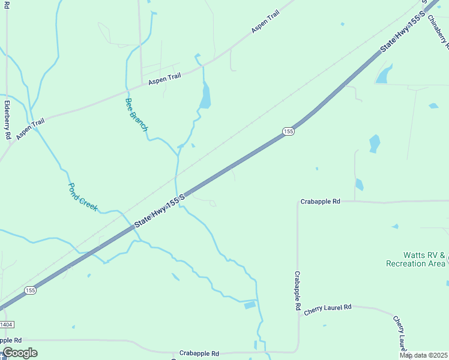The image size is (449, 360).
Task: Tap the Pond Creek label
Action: pos(83,196)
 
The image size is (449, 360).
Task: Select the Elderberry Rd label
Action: pos(7,119)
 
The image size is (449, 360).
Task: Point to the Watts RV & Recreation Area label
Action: pos(415,259)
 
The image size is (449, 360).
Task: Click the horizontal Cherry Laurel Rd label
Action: pos(327,308)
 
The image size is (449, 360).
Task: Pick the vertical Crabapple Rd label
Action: pos(297,290)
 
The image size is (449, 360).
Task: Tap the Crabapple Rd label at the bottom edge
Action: pos(199,353)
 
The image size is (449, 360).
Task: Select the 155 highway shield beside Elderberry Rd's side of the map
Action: pos(31,290)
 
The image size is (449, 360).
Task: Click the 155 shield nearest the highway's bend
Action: pos(289,131)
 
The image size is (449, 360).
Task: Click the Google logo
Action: pos(20,353)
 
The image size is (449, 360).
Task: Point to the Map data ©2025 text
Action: pos(423,355)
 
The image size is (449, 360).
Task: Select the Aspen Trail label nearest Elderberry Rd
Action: pos(31,130)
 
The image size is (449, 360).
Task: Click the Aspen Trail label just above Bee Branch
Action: pos(164,77)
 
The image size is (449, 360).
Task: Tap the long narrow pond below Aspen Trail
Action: pos(205,96)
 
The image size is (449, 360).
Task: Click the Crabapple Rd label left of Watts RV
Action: pos(321,202)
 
